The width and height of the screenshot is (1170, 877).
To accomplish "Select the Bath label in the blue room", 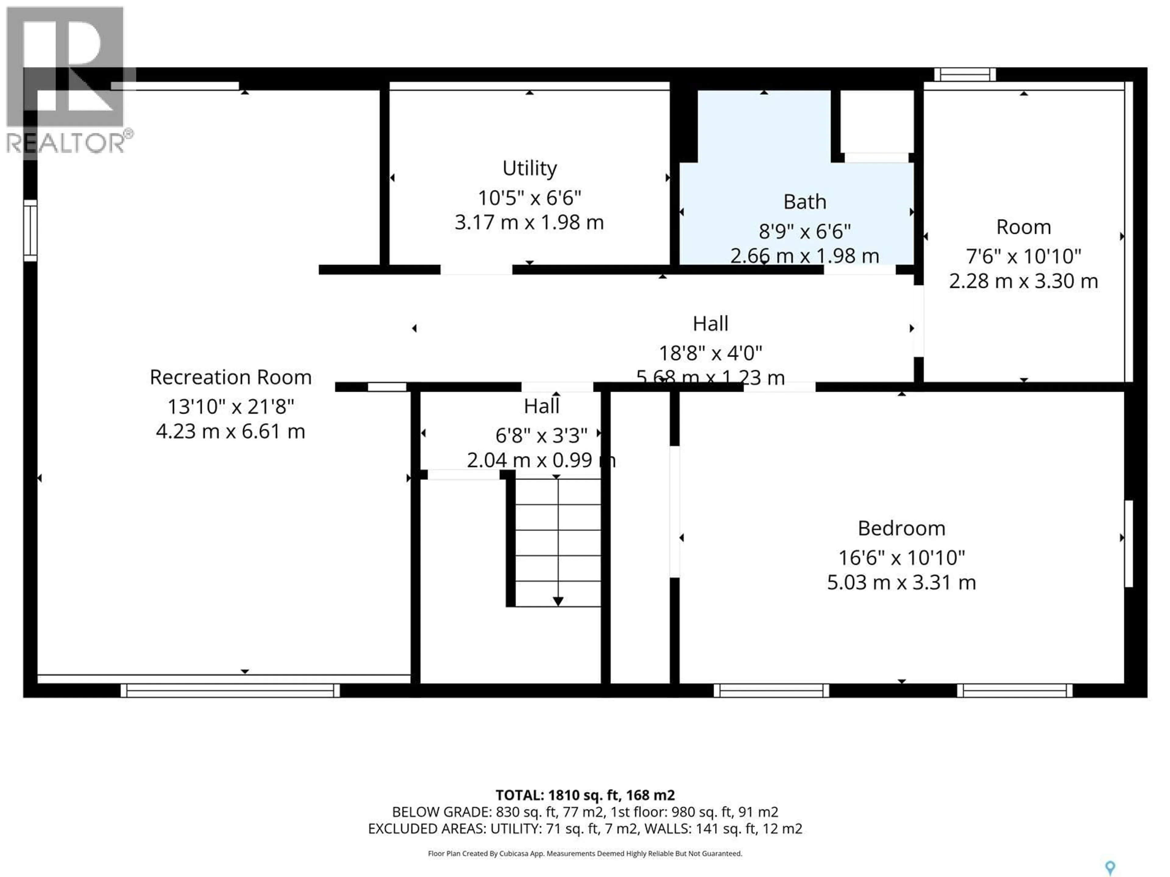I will click(x=804, y=202).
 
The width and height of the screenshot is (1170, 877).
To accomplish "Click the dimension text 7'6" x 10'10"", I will click(x=1023, y=256).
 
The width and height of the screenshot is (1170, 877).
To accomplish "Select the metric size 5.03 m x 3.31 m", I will click(x=901, y=583).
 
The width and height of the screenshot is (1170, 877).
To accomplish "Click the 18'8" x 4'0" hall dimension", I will click(x=710, y=353).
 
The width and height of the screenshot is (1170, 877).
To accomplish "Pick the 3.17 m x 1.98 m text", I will click(x=530, y=223).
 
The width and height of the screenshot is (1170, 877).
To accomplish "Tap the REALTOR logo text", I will click(x=66, y=143).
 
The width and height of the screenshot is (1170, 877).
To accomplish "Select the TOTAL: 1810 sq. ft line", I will click(x=585, y=795).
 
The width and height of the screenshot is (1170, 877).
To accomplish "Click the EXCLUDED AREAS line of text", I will click(x=585, y=828).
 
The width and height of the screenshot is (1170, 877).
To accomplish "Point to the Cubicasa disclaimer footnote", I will click(x=585, y=853).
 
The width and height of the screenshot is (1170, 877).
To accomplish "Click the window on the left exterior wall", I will click(x=30, y=231).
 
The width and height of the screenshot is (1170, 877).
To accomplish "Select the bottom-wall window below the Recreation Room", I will click(x=230, y=690).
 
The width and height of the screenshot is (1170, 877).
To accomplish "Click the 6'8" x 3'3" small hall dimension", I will click(x=541, y=435).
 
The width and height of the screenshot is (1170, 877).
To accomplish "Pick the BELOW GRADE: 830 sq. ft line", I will click(x=585, y=812).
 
